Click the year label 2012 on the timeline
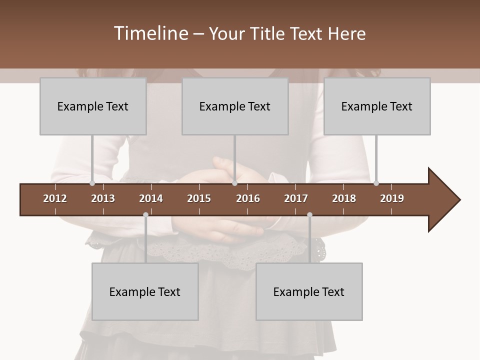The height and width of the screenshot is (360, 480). [55, 198]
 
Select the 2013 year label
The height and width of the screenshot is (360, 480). [103, 198]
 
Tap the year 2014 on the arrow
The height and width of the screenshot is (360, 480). [151, 198]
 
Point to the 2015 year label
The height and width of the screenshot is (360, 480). [199, 198]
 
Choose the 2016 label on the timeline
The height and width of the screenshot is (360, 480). [248, 198]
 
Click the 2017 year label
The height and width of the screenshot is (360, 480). [296, 198]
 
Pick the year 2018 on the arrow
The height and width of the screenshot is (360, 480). [344, 198]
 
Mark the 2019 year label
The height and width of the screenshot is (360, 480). [392, 198]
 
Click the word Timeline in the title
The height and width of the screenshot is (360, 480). [150, 33]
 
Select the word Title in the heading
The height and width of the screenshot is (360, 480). [268, 33]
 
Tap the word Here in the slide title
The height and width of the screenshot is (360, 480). [346, 33]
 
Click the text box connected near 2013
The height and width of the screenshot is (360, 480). [93, 106]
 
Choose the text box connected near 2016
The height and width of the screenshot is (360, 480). [235, 106]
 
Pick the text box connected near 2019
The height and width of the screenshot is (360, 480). [377, 106]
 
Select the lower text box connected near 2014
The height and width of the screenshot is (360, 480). [145, 291]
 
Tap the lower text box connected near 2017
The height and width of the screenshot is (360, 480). [309, 291]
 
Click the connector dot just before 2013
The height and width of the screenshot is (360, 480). [92, 183]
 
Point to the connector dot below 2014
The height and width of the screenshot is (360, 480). [145, 214]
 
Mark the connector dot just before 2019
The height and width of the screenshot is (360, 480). [376, 183]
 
